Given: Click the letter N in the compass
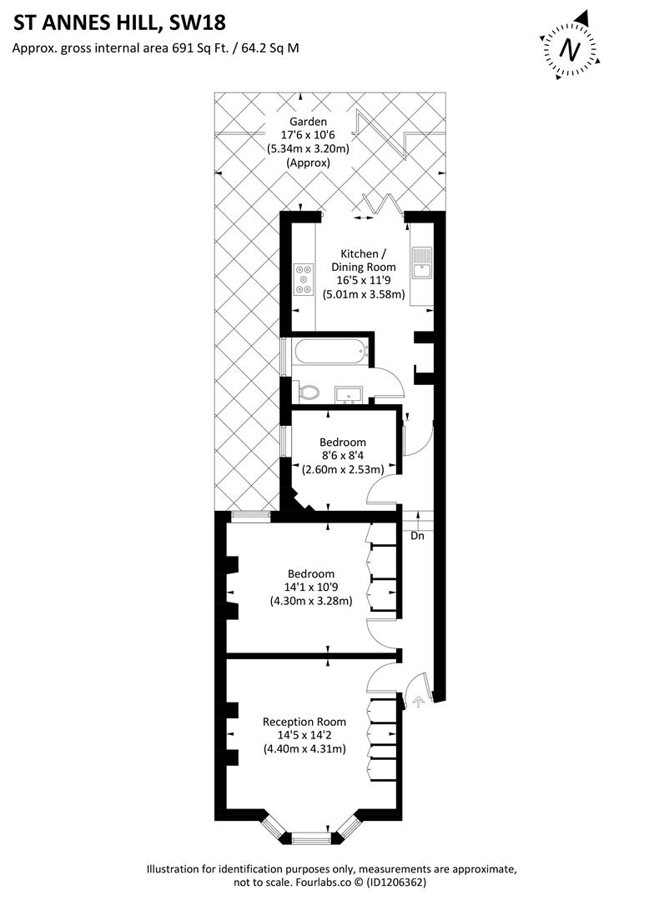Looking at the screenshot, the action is tap(570, 49).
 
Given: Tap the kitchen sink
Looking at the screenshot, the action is tap(422, 262).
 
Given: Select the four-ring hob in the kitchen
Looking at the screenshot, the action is tap(304, 278).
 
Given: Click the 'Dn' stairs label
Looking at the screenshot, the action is tap(417, 536).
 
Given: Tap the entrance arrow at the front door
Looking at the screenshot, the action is tap(418, 701).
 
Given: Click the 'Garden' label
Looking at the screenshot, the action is tap(308, 122).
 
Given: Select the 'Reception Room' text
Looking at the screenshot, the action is tap(304, 722).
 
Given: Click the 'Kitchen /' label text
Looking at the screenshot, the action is tap(363, 253).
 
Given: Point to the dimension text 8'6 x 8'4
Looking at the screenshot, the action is tap(343, 456).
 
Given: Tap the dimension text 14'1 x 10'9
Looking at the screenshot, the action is tap(311, 587).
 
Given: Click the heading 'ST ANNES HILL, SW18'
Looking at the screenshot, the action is tap(119, 22).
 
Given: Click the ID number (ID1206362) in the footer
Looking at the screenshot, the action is tap(397, 882).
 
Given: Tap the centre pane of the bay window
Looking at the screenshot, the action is tap(313, 839).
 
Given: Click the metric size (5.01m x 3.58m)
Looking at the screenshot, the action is tap(364, 294).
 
